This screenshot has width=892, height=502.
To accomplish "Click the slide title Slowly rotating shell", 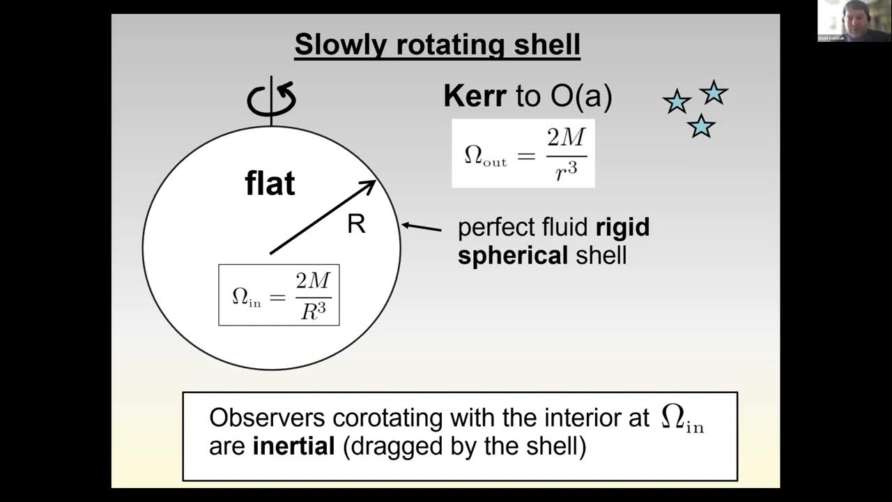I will pos(437,45).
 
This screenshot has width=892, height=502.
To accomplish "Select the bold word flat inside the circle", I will pos(270,183).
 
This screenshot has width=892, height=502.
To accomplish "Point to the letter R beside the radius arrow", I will pos(356,225).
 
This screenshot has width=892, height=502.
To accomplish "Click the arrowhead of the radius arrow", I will pos(370,186).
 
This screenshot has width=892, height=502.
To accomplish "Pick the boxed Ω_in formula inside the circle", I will pos(279,294).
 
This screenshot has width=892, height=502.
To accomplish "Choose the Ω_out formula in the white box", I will pos(523,153).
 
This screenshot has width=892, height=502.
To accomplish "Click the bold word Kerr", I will pos(475,97).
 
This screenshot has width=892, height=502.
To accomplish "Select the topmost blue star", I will pos(713,92).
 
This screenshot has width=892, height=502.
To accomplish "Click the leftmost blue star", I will pos(677,102).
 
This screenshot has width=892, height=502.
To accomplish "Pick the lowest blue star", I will pos(701,126).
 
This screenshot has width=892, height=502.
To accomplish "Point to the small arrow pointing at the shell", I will pos(422,227).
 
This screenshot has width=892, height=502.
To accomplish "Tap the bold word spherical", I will pos(513,255).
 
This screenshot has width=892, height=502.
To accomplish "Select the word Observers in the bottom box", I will pos(267,418).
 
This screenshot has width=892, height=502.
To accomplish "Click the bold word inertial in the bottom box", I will pos(293,446).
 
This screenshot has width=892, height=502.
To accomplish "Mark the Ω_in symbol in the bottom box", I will pos(682,419).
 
